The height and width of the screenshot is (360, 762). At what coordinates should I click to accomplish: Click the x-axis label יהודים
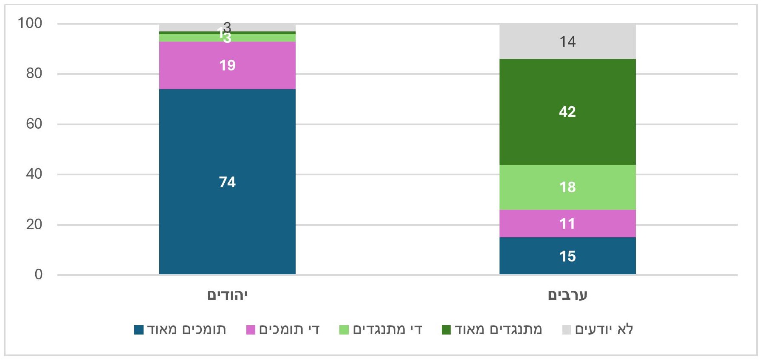(x=227, y=295)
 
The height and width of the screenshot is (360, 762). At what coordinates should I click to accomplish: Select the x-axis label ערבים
(x=567, y=295)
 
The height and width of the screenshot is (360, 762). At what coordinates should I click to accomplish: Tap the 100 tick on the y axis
(x=30, y=23)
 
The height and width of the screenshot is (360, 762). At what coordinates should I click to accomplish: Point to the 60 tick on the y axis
(x=34, y=124)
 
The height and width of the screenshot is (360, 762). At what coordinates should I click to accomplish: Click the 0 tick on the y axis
(x=38, y=275)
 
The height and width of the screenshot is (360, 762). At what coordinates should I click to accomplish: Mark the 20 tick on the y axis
(x=34, y=225)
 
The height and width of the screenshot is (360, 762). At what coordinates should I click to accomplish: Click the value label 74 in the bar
(x=227, y=182)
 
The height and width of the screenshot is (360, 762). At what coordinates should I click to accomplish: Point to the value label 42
(x=567, y=112)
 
